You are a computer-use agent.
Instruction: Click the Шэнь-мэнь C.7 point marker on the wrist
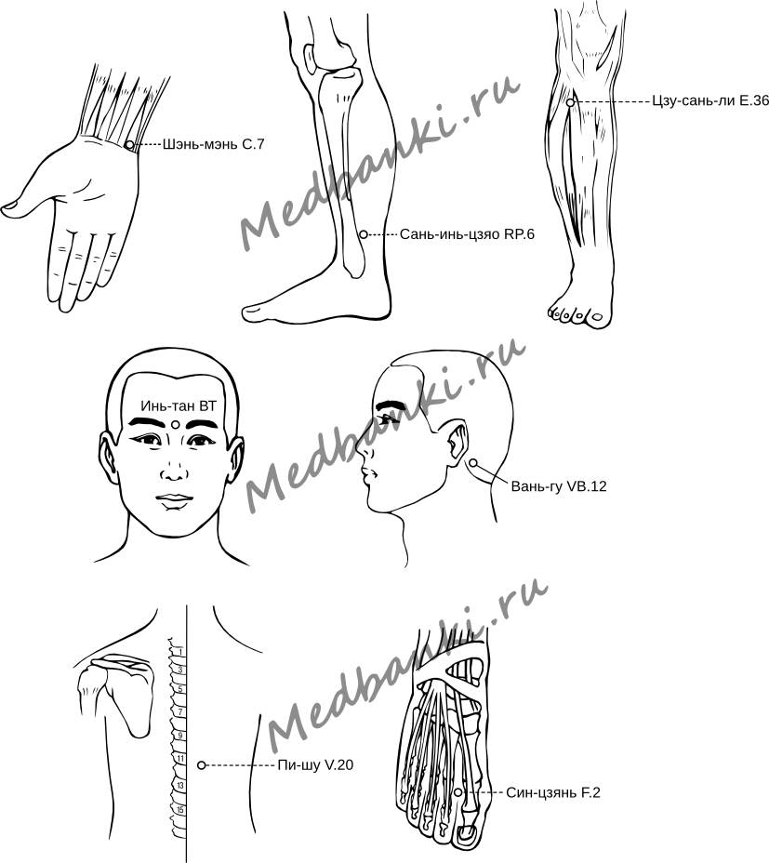click(x=129, y=145)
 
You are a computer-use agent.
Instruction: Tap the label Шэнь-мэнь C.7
click(x=214, y=145)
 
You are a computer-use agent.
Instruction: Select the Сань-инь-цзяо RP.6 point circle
click(x=364, y=234)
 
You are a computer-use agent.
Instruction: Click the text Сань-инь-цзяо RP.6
click(x=467, y=234)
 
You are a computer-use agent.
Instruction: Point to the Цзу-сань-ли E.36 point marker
click(x=571, y=102)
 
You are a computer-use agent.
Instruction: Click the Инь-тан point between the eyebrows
click(x=175, y=424)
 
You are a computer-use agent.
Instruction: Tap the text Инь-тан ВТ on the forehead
click(x=179, y=406)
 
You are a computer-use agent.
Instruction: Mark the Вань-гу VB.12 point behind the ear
click(x=472, y=463)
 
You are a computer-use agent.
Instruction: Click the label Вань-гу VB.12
click(x=559, y=486)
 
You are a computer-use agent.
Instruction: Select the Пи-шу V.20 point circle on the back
click(x=202, y=765)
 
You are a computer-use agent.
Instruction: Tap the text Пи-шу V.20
click(x=315, y=765)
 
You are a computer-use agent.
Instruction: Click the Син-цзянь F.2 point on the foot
click(x=458, y=792)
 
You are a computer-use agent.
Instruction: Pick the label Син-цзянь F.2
click(x=553, y=792)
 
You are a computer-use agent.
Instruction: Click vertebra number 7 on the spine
click(x=180, y=712)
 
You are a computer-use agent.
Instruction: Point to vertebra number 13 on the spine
click(x=180, y=786)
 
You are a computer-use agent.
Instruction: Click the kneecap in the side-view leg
click(x=311, y=60)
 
